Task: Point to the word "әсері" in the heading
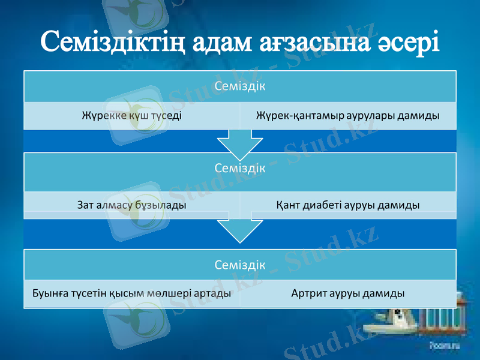click(x=409, y=41)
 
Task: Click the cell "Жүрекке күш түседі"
click(x=132, y=115)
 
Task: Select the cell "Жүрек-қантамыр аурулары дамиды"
click(x=347, y=115)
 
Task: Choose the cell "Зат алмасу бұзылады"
click(x=132, y=205)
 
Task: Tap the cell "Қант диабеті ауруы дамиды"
click(x=347, y=205)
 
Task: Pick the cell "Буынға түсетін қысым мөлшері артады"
click(x=132, y=294)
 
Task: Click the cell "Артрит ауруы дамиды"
click(x=347, y=294)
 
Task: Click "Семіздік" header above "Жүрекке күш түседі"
click(x=240, y=86)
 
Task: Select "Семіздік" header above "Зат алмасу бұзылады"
click(x=240, y=169)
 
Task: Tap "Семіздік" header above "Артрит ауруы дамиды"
click(x=240, y=264)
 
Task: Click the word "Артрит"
click(x=309, y=294)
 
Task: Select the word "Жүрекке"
click(x=101, y=115)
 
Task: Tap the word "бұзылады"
click(x=162, y=205)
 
